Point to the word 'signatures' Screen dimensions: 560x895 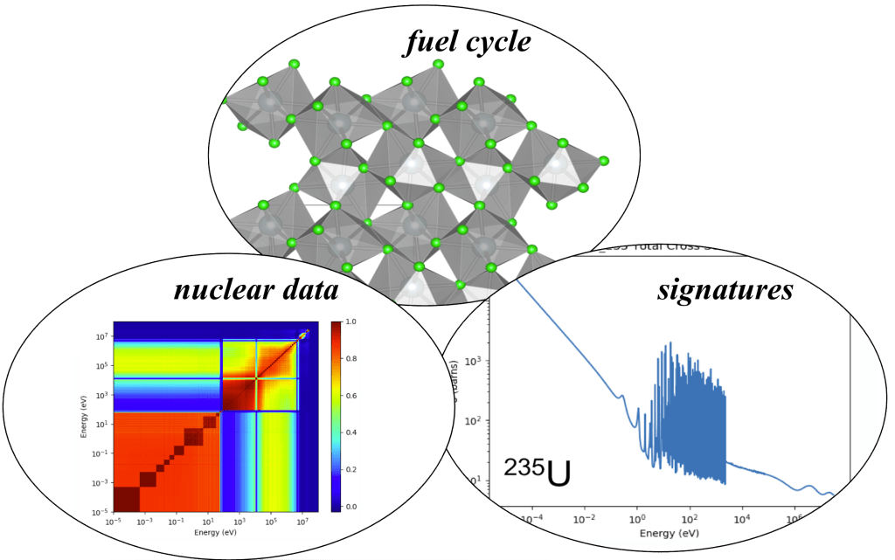coord(725,290)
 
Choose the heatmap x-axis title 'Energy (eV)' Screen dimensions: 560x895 coord(216,533)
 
